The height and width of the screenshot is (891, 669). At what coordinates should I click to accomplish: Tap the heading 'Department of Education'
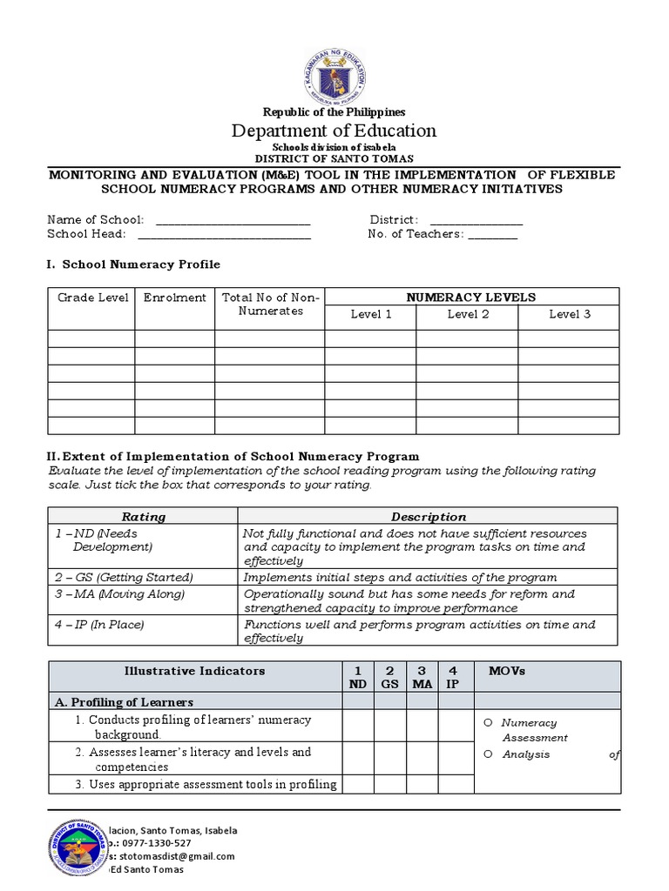coord(334,131)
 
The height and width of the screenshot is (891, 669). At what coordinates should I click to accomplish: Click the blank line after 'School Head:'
coord(224,234)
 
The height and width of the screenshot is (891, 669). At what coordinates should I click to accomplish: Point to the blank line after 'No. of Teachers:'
coord(492,234)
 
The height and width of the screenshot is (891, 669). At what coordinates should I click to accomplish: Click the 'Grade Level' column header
coord(92,298)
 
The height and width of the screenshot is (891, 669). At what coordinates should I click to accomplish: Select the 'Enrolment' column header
coord(174,298)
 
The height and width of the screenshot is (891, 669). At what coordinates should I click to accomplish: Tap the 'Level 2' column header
coord(468,314)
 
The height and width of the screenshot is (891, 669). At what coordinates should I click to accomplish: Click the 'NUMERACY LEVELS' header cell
coord(471,297)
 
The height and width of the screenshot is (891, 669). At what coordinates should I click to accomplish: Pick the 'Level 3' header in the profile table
coord(569,314)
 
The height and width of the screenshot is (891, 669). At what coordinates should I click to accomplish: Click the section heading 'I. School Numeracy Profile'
coord(133,265)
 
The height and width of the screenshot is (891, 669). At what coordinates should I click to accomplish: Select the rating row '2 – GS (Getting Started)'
coord(124,578)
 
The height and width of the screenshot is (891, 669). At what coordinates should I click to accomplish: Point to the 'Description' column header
coord(428,516)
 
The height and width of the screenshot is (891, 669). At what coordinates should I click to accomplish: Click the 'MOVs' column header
coord(507,671)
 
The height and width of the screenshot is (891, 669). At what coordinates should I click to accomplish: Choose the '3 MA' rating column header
coord(422,677)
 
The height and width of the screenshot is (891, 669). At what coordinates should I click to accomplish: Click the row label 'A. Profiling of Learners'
coord(124,702)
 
